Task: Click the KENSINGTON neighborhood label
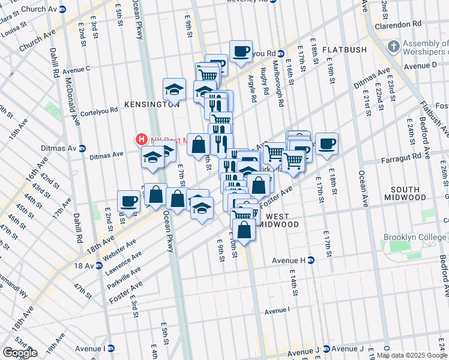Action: [x=152, y=104]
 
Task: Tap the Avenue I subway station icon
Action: [x=111, y=348]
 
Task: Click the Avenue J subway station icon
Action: [x=326, y=349]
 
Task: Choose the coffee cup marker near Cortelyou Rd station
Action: [x=241, y=51]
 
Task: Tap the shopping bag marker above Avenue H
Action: [x=244, y=229]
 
